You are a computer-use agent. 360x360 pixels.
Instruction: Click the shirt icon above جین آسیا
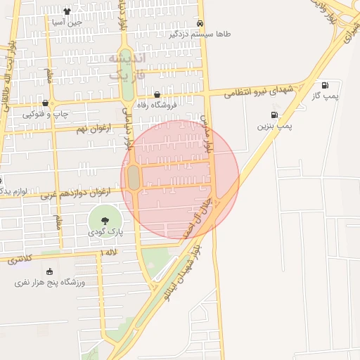point(67,11)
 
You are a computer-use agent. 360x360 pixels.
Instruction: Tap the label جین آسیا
point(67,22)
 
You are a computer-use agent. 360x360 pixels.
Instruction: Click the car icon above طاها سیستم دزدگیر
point(200,22)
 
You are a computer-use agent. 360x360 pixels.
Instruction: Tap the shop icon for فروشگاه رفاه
point(156,94)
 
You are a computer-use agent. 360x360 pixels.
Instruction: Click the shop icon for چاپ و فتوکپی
point(45,103)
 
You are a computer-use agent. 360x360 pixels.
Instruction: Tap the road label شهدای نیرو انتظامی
point(259,90)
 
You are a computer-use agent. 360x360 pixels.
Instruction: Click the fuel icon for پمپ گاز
point(325,84)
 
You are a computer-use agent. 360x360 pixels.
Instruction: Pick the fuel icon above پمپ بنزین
point(274,115)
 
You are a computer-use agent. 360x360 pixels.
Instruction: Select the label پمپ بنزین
point(274,126)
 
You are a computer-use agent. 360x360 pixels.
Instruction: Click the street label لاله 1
point(107,252)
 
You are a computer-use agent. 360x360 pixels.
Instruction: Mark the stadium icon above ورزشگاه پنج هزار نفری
point(49,271)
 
